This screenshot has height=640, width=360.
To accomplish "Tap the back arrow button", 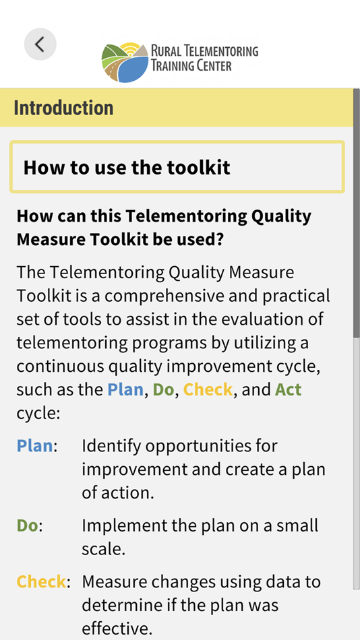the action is click(40, 44).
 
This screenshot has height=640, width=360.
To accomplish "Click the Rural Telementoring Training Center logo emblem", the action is click(125, 62).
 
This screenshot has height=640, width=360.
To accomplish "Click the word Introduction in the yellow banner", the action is click(63, 108).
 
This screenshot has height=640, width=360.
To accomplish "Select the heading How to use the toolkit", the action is click(127, 168).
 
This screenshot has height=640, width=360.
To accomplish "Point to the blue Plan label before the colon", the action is click(35, 446).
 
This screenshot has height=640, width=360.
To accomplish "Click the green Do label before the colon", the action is click(28, 525).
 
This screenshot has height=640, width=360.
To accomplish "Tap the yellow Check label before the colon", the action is click(41, 581).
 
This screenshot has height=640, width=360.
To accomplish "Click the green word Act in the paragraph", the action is click(288, 390).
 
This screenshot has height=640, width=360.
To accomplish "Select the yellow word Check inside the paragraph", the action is click(208, 390).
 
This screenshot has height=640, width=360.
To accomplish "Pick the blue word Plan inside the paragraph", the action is click(125, 390).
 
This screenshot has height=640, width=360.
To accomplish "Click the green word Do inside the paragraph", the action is click(163, 390).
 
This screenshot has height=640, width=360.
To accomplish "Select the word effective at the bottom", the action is click(117, 629).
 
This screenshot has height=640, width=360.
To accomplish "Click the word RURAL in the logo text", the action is click(164, 51).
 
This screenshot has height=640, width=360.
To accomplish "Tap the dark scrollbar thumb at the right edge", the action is click(357, 212).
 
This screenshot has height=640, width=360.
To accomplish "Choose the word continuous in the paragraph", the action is click(61, 366).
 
